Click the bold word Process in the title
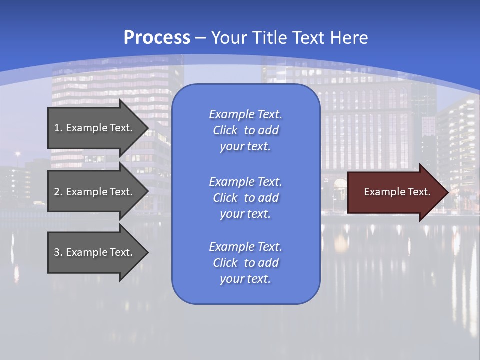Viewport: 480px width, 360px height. click(x=157, y=38)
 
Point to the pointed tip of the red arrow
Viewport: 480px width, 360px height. click(x=447, y=192)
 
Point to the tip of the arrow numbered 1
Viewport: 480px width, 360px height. click(x=147, y=128)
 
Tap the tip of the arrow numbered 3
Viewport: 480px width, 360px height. click(x=147, y=252)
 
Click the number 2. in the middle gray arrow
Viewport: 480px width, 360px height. click(x=58, y=192)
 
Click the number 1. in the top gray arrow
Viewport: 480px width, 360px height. click(x=58, y=128)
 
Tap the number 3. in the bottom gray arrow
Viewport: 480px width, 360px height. click(x=58, y=252)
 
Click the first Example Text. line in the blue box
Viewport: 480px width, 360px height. click(x=245, y=114)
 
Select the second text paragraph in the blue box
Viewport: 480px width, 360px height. click(x=245, y=198)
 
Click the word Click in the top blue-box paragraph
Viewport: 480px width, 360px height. click(x=225, y=131)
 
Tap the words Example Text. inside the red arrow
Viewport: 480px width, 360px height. click(x=397, y=192)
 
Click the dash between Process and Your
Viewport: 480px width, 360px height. click(x=201, y=38)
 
